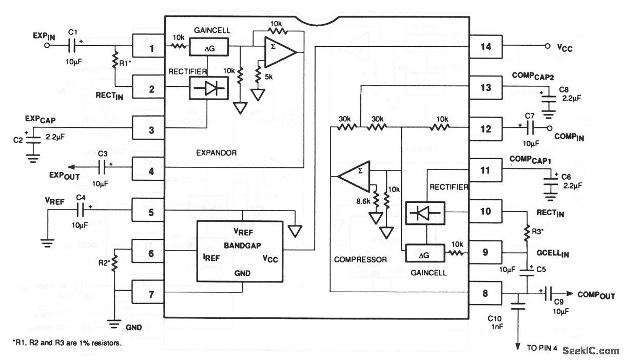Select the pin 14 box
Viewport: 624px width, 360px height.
[x=485, y=47]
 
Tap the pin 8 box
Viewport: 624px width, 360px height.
[x=485, y=293]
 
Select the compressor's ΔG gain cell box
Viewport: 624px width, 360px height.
[x=424, y=253]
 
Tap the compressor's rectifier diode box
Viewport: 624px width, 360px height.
[x=424, y=213]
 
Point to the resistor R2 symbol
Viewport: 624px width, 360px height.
[x=114, y=262]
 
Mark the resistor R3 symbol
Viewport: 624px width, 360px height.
[x=526, y=234]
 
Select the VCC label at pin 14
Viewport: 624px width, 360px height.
[x=564, y=48]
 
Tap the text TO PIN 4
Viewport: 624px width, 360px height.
[x=544, y=348]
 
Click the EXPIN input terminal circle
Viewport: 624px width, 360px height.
[x=47, y=45]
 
